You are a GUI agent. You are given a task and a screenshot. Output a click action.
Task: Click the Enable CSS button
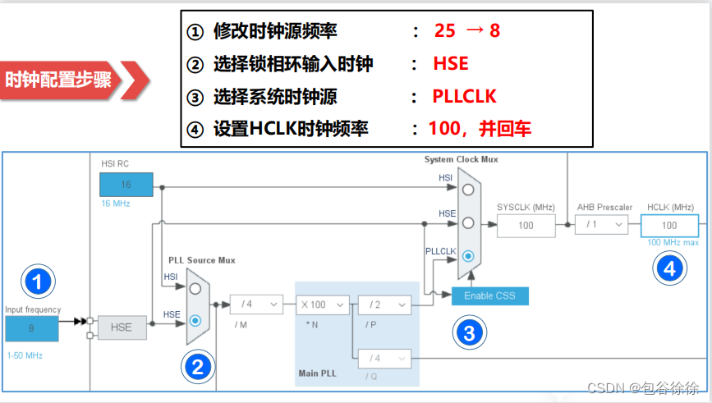tap(489, 295)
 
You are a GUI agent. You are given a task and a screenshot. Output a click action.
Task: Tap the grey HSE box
tap(122, 327)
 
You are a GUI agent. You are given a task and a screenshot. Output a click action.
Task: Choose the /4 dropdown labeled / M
tap(255, 305)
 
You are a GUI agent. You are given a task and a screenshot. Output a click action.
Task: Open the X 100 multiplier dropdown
tap(324, 305)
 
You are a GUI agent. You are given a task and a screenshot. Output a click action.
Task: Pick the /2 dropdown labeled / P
tap(384, 305)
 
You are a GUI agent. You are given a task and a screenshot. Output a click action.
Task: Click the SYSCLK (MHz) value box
tap(526, 225)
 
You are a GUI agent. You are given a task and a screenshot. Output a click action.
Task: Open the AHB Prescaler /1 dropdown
tap(601, 225)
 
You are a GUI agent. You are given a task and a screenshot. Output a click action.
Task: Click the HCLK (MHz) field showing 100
tap(669, 225)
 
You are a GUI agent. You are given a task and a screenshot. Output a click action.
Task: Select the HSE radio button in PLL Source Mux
tap(195, 319)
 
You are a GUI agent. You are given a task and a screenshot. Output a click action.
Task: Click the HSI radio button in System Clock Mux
tap(467, 189)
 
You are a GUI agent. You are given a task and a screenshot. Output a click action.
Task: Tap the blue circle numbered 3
tap(468, 332)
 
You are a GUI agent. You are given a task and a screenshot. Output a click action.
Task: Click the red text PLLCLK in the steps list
tap(464, 96)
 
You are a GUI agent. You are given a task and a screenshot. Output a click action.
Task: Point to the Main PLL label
tap(319, 373)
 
